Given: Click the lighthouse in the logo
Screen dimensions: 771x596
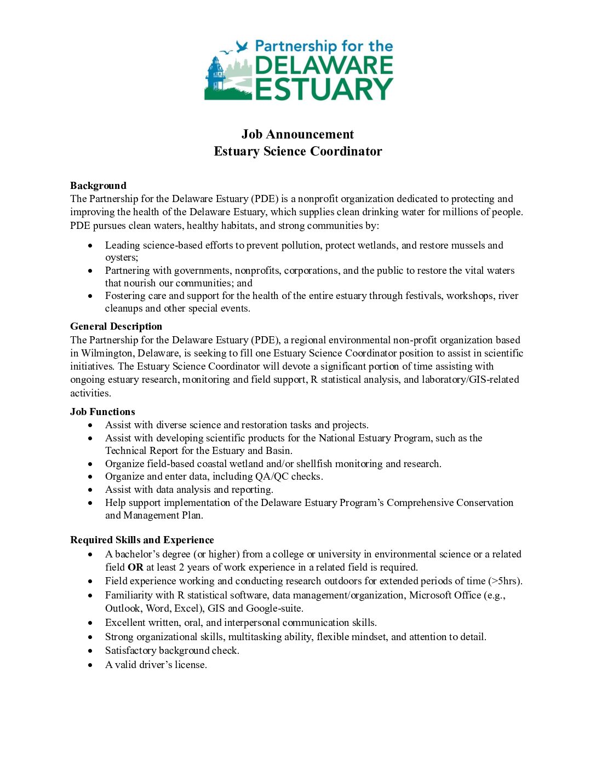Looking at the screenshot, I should click(x=215, y=75).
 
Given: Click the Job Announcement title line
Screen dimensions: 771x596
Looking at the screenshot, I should click(x=297, y=135).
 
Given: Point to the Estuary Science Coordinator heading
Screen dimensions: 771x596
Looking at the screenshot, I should click(x=297, y=152).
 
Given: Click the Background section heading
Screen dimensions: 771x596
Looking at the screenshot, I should click(x=98, y=186).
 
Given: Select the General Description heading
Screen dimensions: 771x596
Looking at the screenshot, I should click(x=116, y=326).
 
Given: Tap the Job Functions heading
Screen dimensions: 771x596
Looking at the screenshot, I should click(x=102, y=412).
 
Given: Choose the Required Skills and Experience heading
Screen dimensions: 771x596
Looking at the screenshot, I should click(x=142, y=540).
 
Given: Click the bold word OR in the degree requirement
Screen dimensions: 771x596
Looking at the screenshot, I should click(x=135, y=567).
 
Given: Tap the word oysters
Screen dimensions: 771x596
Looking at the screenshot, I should click(x=121, y=257).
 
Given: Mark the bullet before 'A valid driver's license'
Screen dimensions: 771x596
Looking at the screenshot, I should click(x=90, y=665).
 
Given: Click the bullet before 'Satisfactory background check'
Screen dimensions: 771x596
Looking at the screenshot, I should click(x=90, y=651).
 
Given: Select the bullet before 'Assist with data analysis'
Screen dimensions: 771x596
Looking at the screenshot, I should click(x=90, y=490).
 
